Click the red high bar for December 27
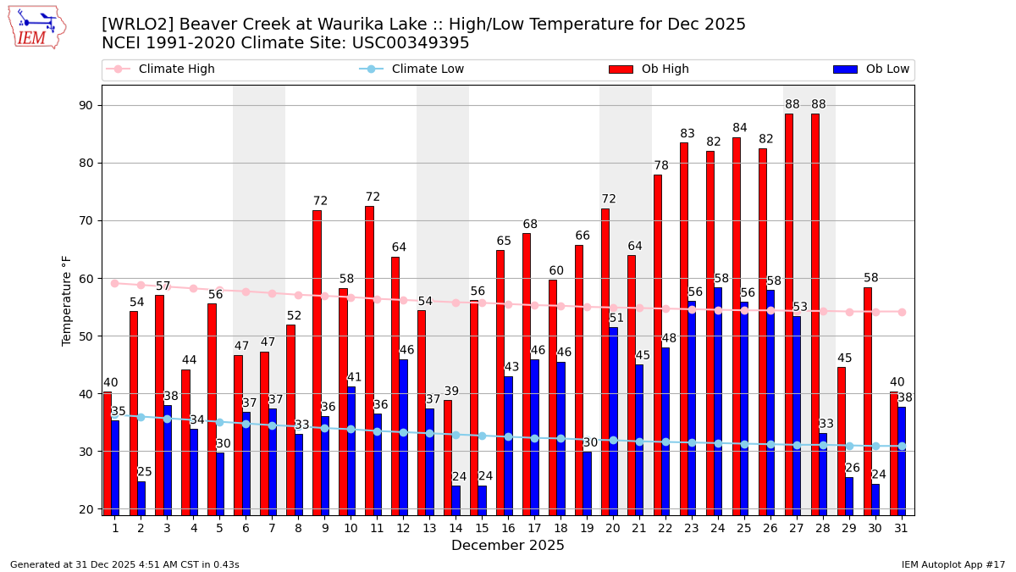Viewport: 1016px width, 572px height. [x=788, y=314]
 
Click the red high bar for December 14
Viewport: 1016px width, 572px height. [x=448, y=458]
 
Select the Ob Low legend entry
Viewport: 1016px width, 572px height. [x=871, y=69]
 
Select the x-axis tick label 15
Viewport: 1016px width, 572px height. [x=482, y=527]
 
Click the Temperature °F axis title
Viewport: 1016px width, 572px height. [x=67, y=300]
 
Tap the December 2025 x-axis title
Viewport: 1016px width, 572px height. [x=508, y=546]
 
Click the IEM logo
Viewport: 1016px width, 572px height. [x=36, y=27]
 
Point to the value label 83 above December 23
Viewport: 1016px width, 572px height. [x=687, y=134]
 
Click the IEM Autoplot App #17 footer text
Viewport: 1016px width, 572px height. [x=953, y=564]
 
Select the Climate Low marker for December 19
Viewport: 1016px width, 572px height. [x=587, y=440]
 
